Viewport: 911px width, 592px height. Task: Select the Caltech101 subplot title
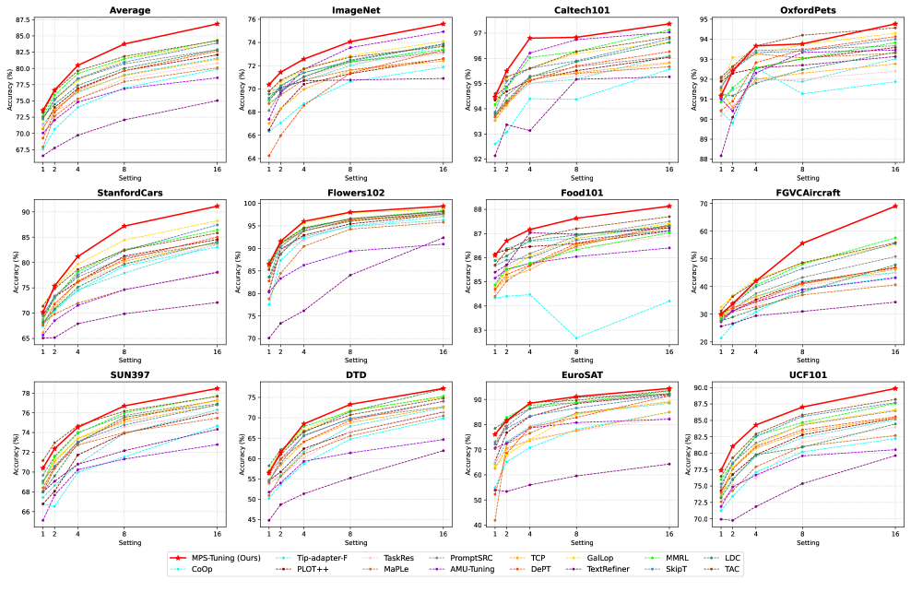pyautogui.click(x=582, y=10)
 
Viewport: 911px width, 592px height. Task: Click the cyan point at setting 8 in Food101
pyautogui.click(x=576, y=338)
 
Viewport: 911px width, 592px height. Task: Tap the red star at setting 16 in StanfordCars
pyautogui.click(x=218, y=206)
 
